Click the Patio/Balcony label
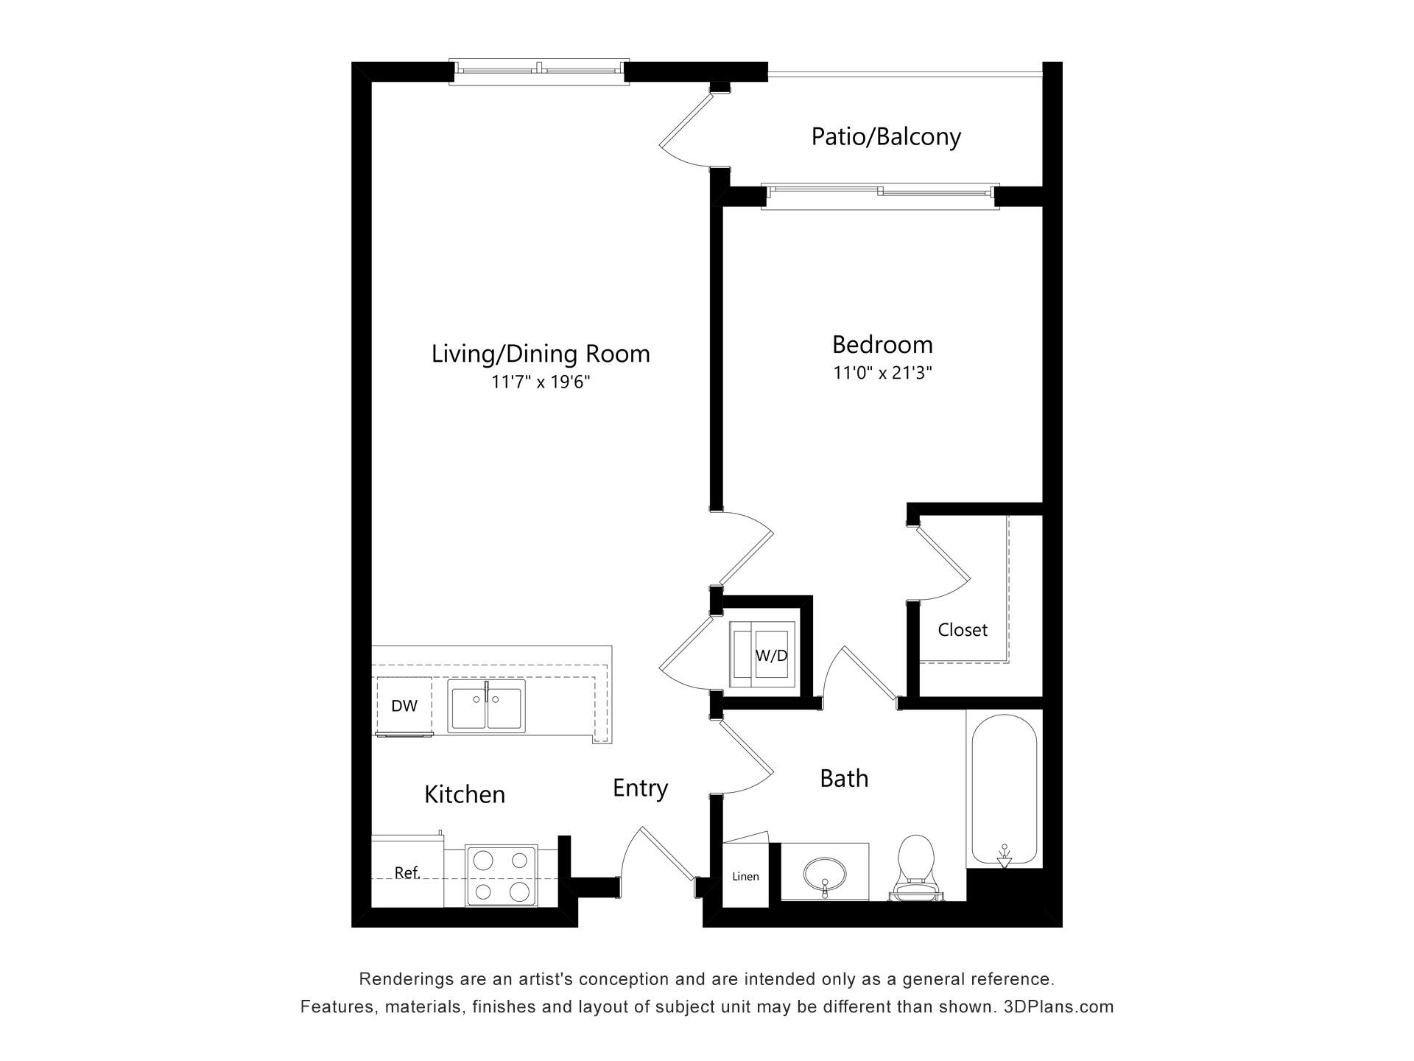[886, 137]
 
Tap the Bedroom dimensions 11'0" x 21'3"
[882, 373]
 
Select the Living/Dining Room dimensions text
[541, 382]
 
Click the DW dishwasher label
[404, 706]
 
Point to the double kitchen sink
[487, 707]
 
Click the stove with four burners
[502, 876]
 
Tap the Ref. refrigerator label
[407, 873]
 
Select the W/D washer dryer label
[772, 656]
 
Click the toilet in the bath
[917, 868]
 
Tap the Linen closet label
[745, 877]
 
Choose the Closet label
[963, 630]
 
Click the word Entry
[640, 788]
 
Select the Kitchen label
[465, 794]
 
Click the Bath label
[844, 779]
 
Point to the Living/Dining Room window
[540, 71]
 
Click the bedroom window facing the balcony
[880, 195]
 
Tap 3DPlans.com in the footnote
[1059, 1006]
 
